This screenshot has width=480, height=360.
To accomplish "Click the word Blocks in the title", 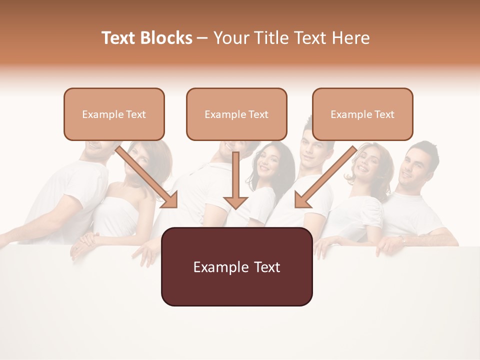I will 166,38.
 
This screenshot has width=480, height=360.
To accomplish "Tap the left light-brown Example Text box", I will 114,114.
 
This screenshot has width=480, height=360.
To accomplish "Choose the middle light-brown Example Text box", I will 236,114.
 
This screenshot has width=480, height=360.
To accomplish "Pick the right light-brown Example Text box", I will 362,114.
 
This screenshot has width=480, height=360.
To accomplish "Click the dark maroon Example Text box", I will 236,266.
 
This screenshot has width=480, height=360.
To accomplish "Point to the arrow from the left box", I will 147,177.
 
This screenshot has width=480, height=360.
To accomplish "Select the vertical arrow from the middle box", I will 235,180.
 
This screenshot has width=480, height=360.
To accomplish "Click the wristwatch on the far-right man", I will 403,240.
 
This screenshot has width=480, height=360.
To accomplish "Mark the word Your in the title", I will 230,38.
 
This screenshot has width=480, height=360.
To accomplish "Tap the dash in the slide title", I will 202,38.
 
